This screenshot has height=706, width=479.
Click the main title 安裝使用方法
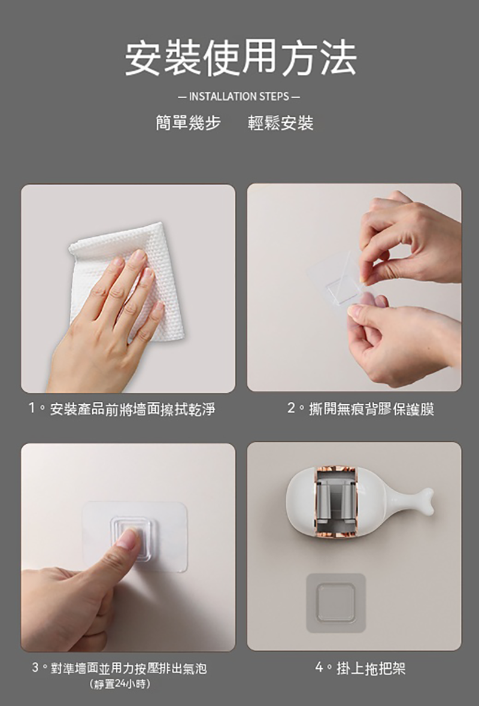pyautogui.click(x=241, y=58)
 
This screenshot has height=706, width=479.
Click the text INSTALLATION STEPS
pyautogui.click(x=239, y=96)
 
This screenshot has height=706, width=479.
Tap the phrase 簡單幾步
pyautogui.click(x=188, y=123)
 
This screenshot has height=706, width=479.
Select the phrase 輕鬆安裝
pyautogui.click(x=280, y=123)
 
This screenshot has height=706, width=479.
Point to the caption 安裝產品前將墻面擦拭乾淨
pyautogui.click(x=132, y=409)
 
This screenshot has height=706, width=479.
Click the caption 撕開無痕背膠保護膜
pyautogui.click(x=371, y=409)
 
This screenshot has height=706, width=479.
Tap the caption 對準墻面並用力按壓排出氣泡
pyautogui.click(x=128, y=668)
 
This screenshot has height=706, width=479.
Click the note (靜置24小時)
pyautogui.click(x=120, y=684)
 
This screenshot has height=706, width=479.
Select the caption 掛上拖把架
pyautogui.click(x=371, y=668)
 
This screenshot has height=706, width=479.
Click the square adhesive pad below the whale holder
pyautogui.click(x=336, y=602)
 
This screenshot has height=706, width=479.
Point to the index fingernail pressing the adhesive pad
pyautogui.click(x=128, y=538)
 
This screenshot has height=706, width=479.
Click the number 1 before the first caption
pyautogui.click(x=32, y=408)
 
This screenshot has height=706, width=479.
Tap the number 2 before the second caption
pyautogui.click(x=291, y=408)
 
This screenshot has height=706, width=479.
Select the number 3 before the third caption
pyautogui.click(x=35, y=667)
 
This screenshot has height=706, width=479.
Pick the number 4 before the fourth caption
pyautogui.click(x=320, y=667)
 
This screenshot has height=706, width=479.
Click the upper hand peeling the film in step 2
pyautogui.click(x=410, y=241)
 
